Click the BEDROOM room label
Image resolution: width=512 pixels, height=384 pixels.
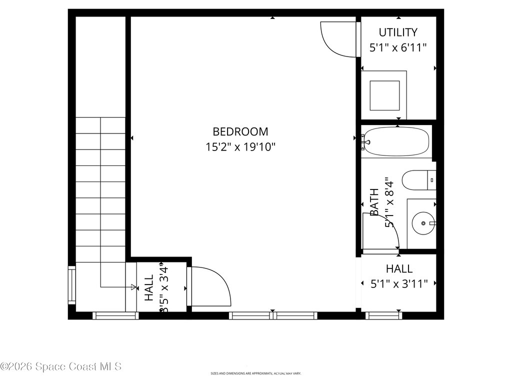[x=240, y=131]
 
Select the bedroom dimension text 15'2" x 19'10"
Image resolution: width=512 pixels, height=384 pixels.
[x=240, y=147]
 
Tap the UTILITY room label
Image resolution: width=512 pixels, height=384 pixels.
[x=398, y=32]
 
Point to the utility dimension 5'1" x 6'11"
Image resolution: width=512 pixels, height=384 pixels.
[x=398, y=48]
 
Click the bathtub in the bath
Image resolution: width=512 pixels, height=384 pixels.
[x=395, y=142]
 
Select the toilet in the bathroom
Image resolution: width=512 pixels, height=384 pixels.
[x=418, y=180]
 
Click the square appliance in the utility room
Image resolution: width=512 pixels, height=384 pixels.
[x=384, y=95]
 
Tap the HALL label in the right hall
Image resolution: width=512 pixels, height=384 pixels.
[x=399, y=269]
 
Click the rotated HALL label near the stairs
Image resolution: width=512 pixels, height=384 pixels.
[x=149, y=288]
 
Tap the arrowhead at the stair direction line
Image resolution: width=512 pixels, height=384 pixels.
[x=133, y=287]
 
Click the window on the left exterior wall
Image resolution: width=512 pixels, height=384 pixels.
[x=71, y=285]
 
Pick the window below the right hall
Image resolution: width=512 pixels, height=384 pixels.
[x=384, y=315]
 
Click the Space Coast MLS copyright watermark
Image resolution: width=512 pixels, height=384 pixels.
[x=60, y=366]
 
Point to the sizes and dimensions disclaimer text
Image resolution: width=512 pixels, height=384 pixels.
[x=255, y=373]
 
